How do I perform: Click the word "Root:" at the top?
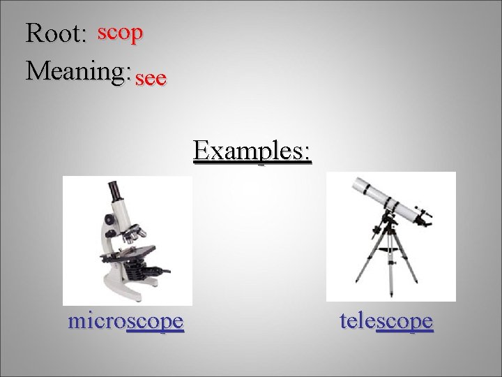coord(54,34)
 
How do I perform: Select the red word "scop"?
coord(121,32)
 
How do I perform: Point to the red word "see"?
coord(151,79)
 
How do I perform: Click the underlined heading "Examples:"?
coord(252,150)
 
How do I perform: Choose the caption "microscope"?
coord(126,321)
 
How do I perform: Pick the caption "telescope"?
coord(386,321)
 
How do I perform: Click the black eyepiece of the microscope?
coord(112,189)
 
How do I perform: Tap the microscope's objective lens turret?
coord(132,234)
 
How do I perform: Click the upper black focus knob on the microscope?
coord(109,219)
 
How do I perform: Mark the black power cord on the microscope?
coord(165,269)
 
